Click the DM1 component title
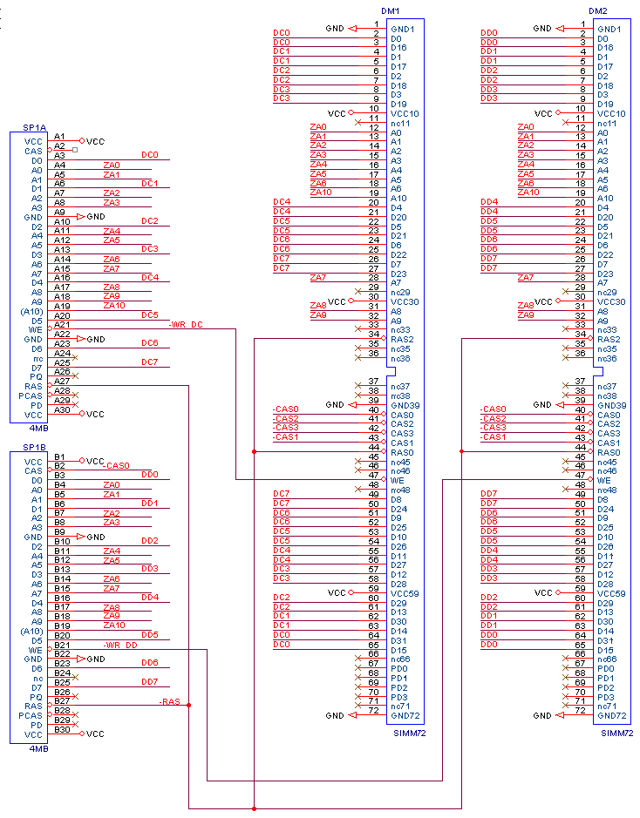(391, 10)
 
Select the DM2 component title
(598, 10)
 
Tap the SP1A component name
(34, 128)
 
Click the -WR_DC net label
(185, 324)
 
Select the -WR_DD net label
(120, 645)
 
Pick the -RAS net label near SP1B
(170, 701)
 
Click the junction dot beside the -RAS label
(189, 706)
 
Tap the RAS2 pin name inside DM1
(403, 340)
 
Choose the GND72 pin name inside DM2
(612, 715)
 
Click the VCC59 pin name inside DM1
(405, 593)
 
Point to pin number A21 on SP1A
(62, 324)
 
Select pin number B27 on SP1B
(62, 700)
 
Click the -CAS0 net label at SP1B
(116, 466)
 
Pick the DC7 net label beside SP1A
(150, 362)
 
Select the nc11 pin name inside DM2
(609, 124)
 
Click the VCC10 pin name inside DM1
(405, 114)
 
